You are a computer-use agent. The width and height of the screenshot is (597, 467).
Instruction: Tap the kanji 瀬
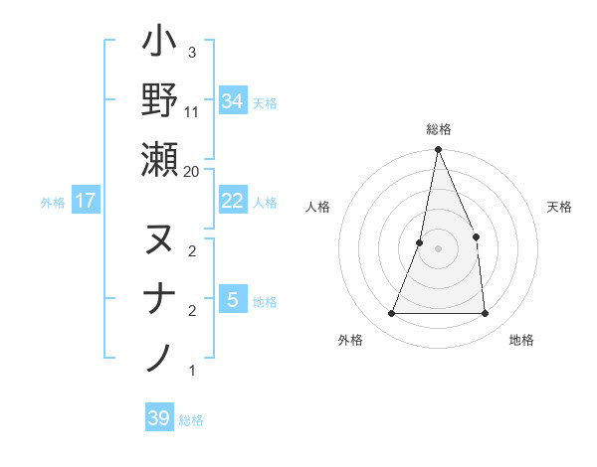tap(160, 159)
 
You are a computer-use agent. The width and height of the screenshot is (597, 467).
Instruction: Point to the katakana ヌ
tap(160, 239)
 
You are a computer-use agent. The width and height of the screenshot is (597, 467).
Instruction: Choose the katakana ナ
tap(160, 299)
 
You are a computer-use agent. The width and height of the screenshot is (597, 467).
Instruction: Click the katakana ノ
tap(160, 357)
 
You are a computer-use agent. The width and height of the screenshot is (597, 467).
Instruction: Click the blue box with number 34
tap(233, 100)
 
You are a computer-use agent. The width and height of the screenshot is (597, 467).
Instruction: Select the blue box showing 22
tap(233, 201)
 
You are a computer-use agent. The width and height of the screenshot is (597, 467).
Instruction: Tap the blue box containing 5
tap(233, 300)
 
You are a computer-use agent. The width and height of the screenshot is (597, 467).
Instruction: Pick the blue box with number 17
tap(86, 201)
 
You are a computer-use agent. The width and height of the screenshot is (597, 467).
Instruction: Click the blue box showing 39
tap(159, 418)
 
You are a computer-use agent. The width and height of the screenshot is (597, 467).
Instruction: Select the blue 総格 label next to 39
tap(191, 420)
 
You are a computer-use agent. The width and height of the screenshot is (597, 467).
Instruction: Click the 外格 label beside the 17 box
tap(53, 203)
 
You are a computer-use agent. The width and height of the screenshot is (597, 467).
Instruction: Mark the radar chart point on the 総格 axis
tap(438, 150)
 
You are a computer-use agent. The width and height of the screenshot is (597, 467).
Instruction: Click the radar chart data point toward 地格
tap(485, 314)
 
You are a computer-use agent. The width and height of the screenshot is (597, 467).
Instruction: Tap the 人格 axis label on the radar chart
tap(318, 207)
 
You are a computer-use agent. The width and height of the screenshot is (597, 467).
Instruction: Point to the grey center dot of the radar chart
tap(438, 248)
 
